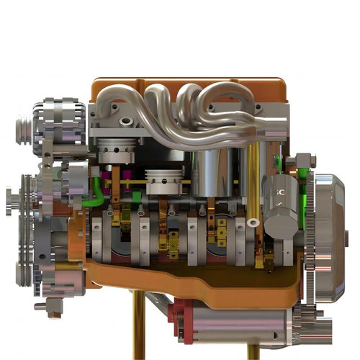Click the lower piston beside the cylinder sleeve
[x=166, y=179]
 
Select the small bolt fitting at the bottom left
[x=53, y=307]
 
